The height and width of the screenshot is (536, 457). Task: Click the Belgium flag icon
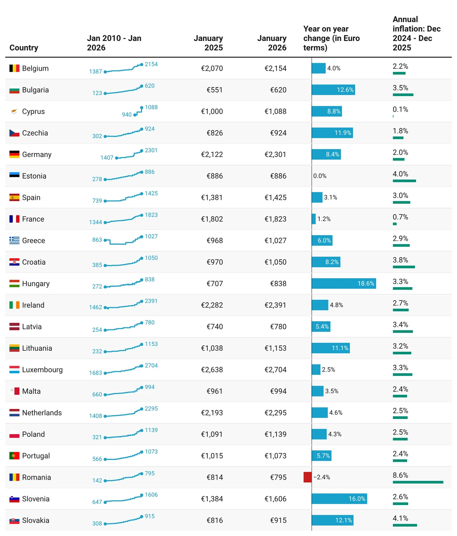click(x=14, y=68)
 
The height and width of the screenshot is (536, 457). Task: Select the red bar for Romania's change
click(x=307, y=477)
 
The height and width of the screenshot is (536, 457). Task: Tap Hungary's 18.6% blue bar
click(x=344, y=283)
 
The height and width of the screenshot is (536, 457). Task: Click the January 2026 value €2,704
click(x=275, y=369)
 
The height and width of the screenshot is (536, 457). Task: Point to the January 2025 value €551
click(x=214, y=90)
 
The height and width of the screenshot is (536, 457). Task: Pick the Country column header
click(x=24, y=48)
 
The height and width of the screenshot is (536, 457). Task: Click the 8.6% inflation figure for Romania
click(x=401, y=475)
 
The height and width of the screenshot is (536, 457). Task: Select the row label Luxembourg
click(x=42, y=369)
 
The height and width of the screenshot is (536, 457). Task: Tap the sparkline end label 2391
click(x=151, y=301)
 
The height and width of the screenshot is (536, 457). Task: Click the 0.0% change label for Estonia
click(x=320, y=176)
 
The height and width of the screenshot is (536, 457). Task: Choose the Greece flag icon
click(x=14, y=241)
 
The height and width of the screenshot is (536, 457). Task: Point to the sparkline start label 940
click(x=127, y=114)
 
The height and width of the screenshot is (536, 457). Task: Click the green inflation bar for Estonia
click(x=404, y=181)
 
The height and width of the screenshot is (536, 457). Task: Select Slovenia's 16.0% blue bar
click(x=340, y=499)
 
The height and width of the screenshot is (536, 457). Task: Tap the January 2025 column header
click(x=209, y=43)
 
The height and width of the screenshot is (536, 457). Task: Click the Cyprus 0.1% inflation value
click(x=401, y=109)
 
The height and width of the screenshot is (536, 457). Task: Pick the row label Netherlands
click(x=42, y=413)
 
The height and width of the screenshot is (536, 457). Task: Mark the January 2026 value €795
click(x=278, y=477)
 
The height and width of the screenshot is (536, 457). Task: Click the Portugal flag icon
click(x=14, y=456)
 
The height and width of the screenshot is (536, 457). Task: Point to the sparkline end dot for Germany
click(x=142, y=151)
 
